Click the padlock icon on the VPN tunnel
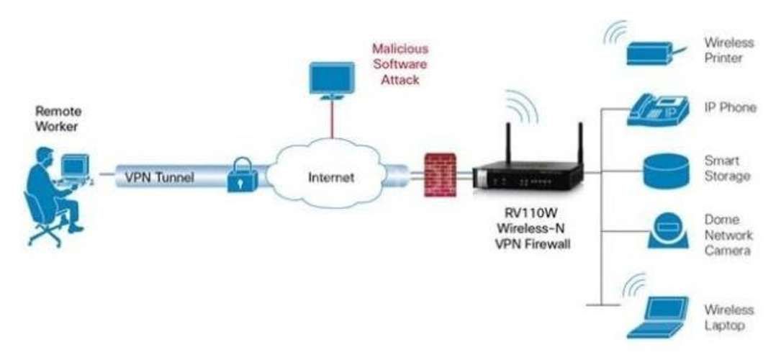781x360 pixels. coord(240,176)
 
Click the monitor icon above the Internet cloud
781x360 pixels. coord(331,80)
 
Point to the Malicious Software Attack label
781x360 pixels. coord(399,65)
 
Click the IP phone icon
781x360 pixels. coord(655,109)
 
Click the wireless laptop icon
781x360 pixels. coord(655,317)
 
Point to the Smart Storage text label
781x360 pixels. coord(726,168)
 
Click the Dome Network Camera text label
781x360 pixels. coord(728,235)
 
